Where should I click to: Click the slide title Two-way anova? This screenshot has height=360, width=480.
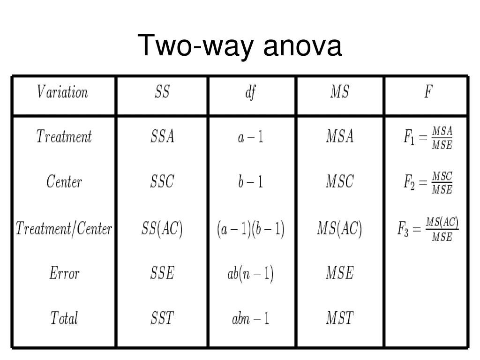[240, 46]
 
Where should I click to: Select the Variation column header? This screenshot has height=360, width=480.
[62, 92]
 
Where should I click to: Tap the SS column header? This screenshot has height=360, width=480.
[162, 92]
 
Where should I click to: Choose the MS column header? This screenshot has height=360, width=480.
[339, 92]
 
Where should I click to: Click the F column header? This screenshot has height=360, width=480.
[427, 92]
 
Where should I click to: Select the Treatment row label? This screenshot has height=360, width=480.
[64, 137]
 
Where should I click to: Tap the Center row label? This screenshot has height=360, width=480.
[64, 181]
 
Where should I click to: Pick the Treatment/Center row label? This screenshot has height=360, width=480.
[64, 229]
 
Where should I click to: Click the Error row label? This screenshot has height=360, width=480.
[64, 273]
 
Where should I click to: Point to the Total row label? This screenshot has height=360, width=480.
[64, 318]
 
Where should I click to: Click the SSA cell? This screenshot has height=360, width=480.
[162, 137]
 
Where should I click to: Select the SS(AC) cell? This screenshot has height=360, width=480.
[162, 229]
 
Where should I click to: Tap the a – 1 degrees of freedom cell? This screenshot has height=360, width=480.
[251, 137]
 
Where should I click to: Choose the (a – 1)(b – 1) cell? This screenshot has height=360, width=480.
[251, 229]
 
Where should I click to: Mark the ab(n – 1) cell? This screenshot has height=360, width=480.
[251, 273]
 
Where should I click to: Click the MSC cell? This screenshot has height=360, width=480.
[340, 181]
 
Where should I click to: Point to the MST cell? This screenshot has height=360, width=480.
[340, 318]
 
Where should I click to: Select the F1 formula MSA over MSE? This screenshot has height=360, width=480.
[428, 137]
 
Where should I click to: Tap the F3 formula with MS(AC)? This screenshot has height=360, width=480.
[428, 228]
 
